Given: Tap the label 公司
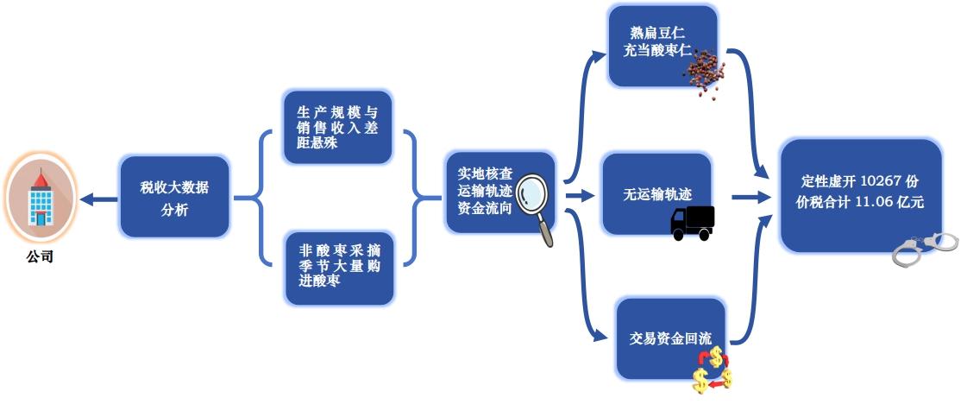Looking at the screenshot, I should point(40,256).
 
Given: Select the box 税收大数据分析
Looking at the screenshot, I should point(174,197).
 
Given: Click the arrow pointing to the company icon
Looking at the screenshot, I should point(97,199).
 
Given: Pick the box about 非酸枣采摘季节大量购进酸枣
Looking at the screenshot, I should point(339,268).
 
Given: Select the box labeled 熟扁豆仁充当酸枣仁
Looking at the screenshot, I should point(662,43).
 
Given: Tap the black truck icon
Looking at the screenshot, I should point(693,223).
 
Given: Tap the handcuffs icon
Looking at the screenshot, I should point(925,247).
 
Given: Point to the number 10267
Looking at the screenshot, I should point(880,181).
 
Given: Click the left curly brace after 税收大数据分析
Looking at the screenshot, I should point(249,198).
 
